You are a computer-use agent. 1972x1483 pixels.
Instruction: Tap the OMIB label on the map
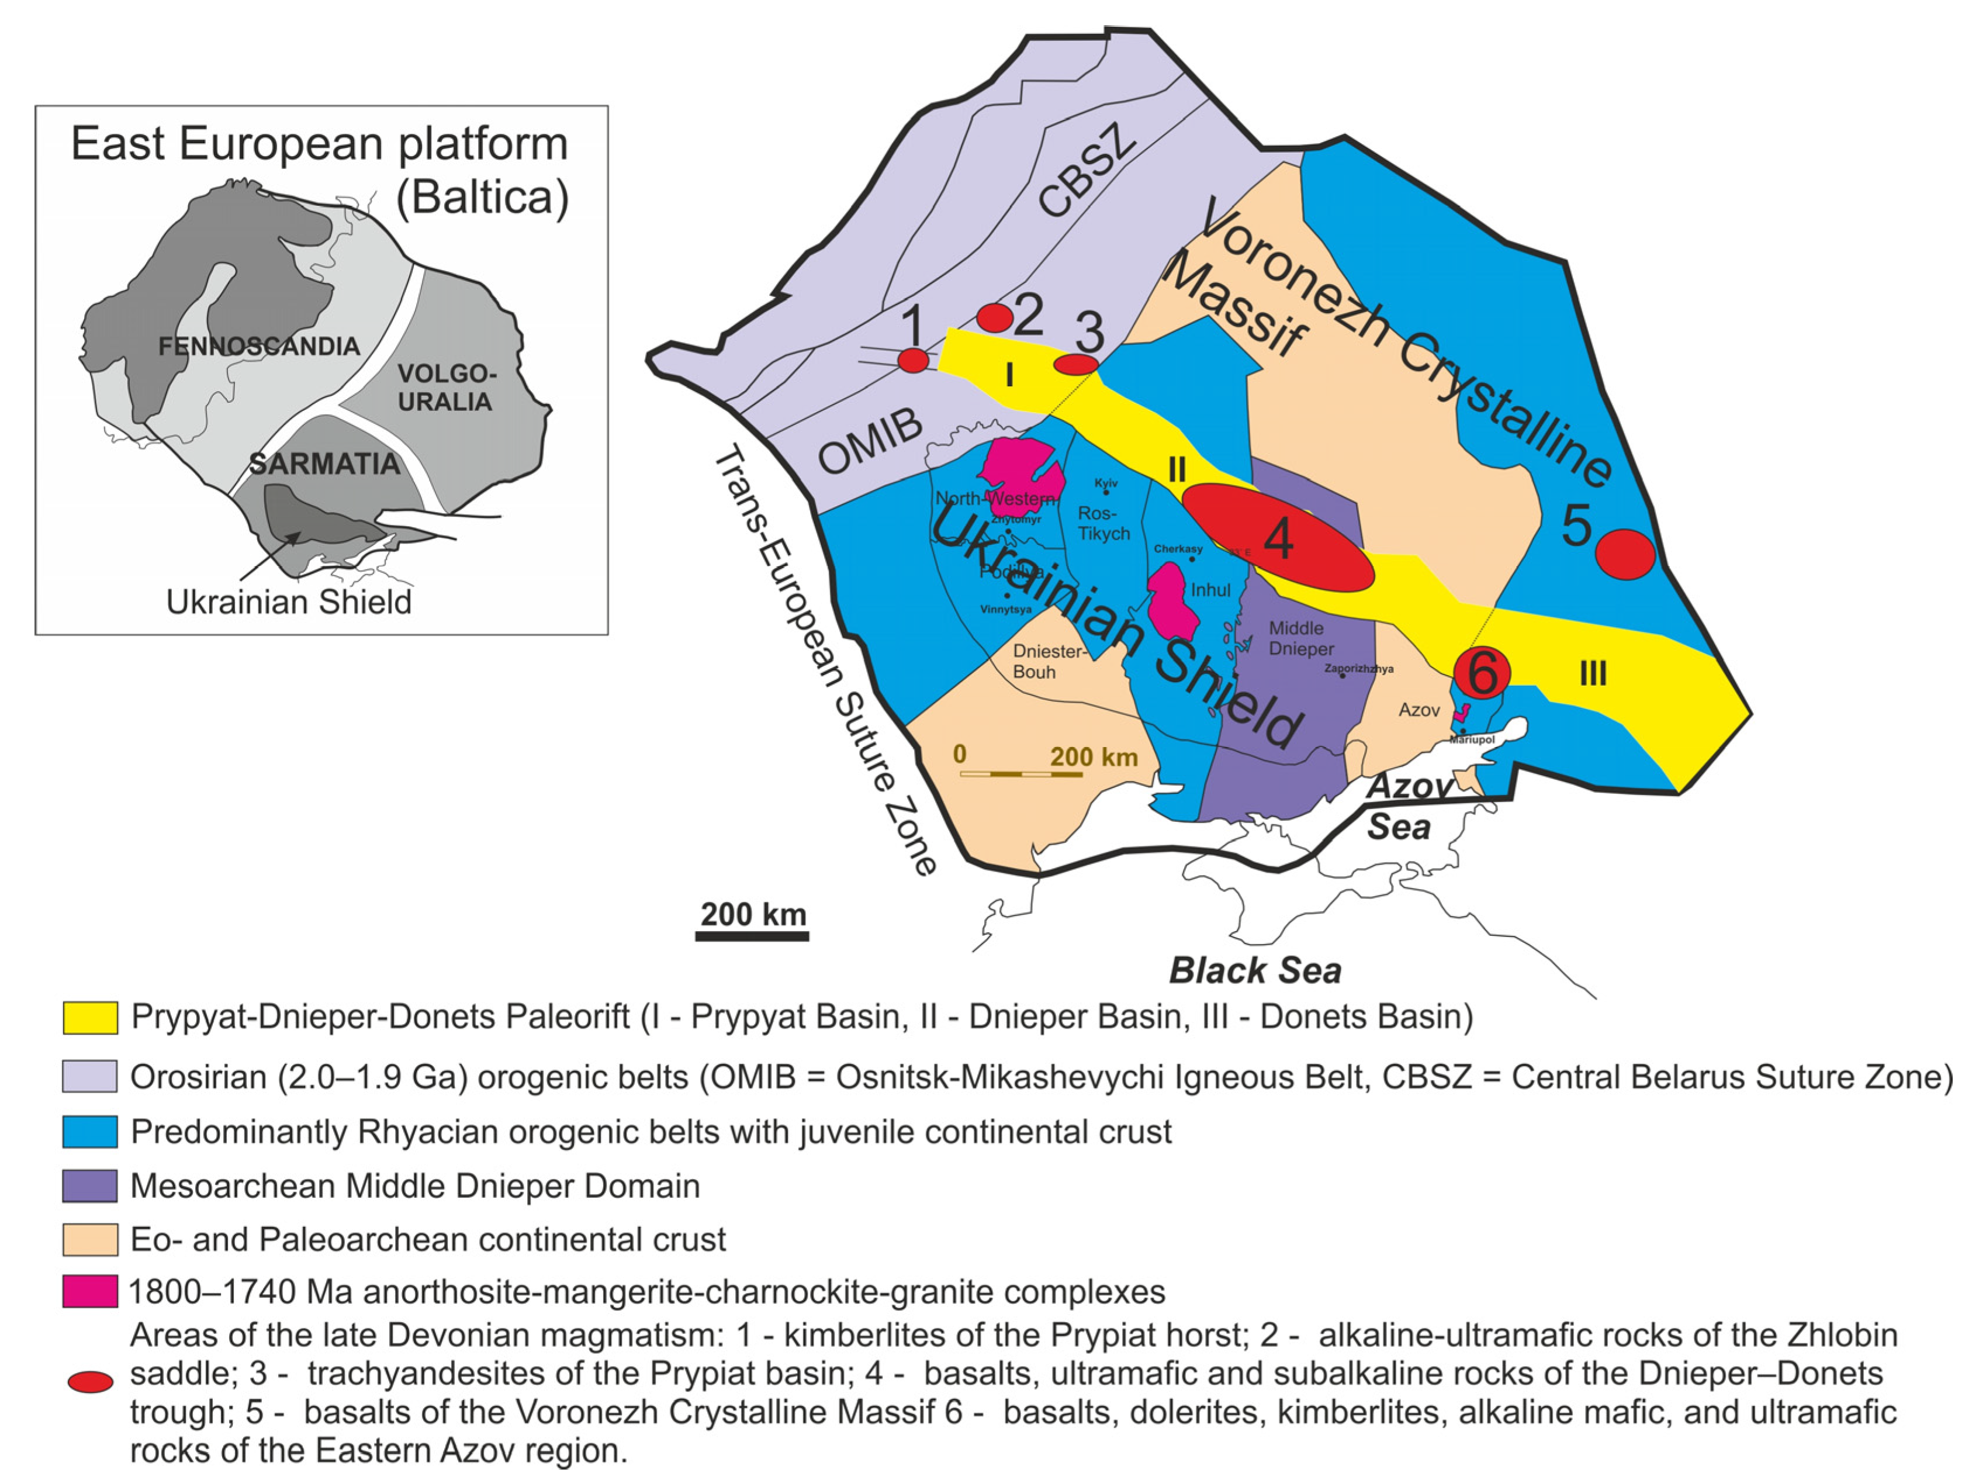870,443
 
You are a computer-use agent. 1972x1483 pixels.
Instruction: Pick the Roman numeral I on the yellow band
1009,375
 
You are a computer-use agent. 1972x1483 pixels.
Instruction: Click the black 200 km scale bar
752,935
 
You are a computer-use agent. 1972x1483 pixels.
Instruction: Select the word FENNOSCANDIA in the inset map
258,346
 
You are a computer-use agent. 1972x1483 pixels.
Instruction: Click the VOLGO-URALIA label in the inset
446,388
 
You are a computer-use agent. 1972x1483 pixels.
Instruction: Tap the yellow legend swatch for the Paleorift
90,1018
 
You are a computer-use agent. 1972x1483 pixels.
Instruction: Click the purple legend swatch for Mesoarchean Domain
90,1186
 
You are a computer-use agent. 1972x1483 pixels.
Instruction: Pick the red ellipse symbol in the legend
91,1381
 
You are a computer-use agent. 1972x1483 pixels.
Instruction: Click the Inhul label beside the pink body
1210,589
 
